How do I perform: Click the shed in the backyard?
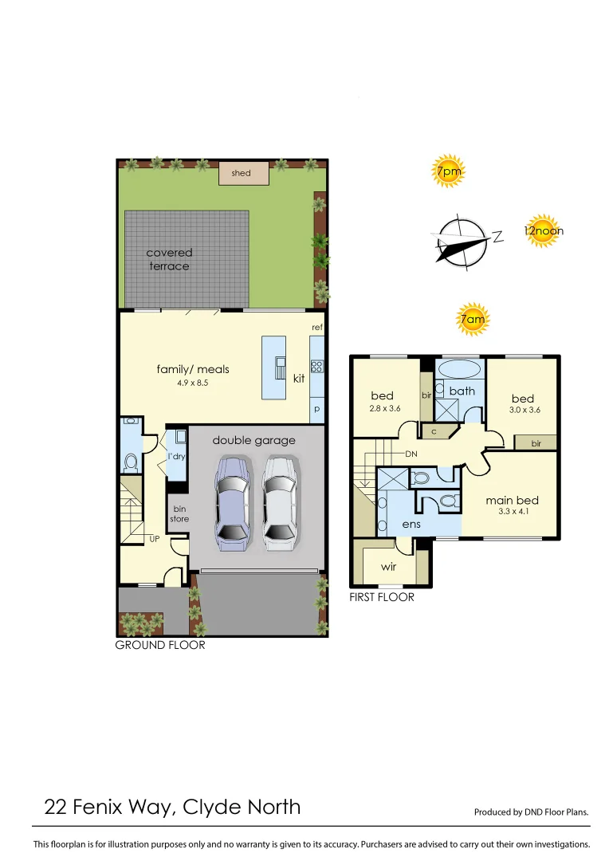tap(241, 173)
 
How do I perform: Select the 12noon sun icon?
tap(544, 231)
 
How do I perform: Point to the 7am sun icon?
tap(472, 320)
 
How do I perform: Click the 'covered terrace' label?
tap(169, 259)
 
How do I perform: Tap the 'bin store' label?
tap(179, 513)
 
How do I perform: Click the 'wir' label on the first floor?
tap(388, 567)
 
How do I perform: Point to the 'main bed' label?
tap(513, 501)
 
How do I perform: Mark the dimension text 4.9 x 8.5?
tap(192, 383)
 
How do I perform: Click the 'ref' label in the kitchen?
tap(316, 328)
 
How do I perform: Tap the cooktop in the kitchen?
tap(316, 367)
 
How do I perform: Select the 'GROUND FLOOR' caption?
tap(160, 645)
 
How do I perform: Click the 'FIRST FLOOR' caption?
tap(382, 596)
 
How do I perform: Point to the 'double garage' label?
tap(253, 440)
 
